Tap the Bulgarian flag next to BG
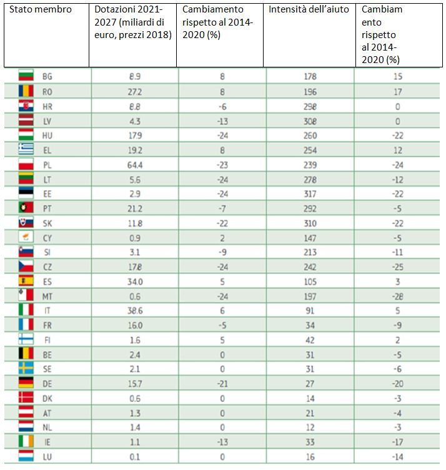[x=26, y=77]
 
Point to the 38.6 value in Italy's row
[x=135, y=310]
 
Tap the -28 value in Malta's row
[x=397, y=295]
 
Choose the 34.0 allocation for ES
[x=135, y=280]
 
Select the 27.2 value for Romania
[x=135, y=91]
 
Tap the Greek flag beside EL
[x=26, y=149]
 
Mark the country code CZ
[x=47, y=266]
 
